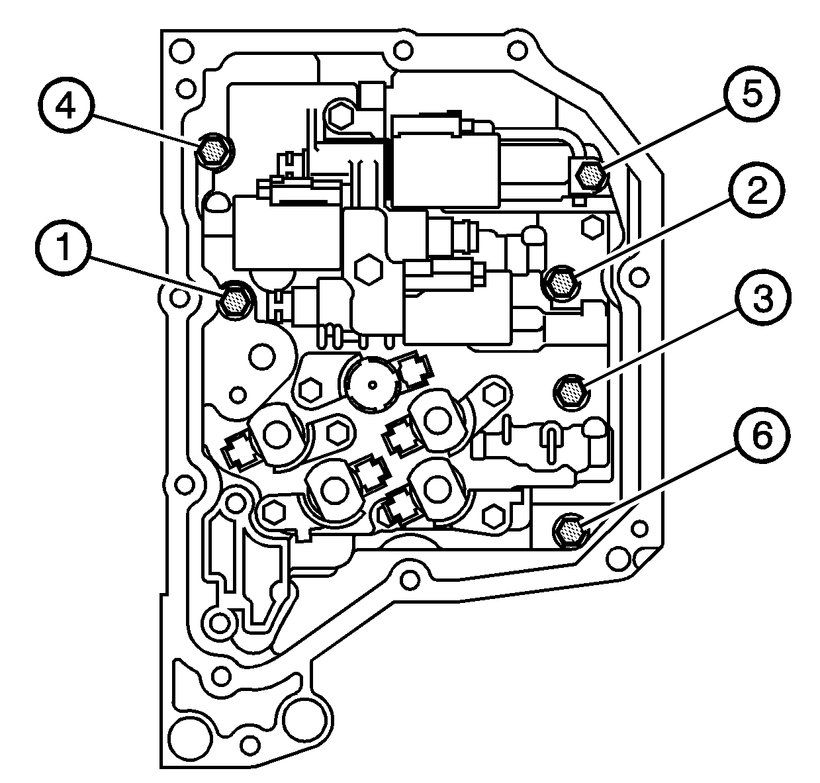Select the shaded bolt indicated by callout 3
tap(570, 393)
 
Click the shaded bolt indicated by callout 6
tap(570, 530)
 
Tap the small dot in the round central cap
tap(374, 384)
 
